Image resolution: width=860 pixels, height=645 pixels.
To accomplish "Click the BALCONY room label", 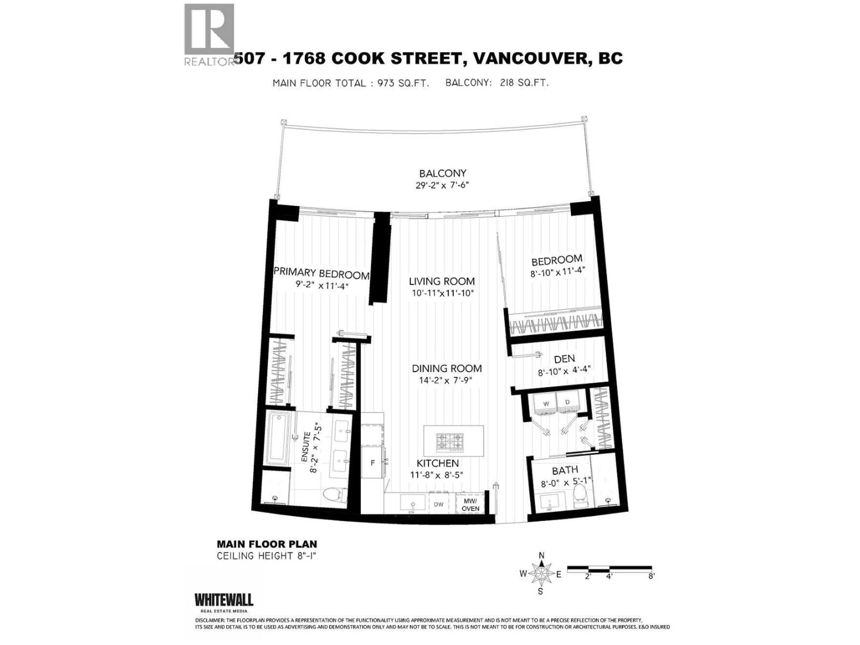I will (443, 173).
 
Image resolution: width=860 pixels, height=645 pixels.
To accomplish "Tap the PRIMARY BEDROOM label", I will (321, 273).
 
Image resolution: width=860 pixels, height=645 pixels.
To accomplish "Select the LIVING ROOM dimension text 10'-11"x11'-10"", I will (443, 293).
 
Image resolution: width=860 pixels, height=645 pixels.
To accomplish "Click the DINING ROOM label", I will (447, 368).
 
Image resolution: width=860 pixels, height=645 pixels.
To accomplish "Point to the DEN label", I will (564, 359).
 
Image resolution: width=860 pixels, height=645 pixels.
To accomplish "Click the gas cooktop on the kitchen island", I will (450, 443).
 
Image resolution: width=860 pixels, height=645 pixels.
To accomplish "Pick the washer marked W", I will (546, 404).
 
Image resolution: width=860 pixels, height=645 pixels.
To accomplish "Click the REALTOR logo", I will (209, 35).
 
